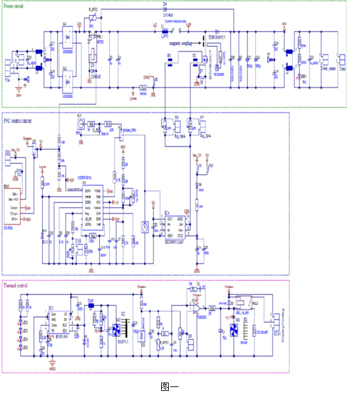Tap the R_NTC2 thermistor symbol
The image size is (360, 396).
(95, 19)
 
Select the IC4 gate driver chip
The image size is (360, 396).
(175, 227)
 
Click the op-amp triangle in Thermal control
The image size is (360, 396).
(196, 305)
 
